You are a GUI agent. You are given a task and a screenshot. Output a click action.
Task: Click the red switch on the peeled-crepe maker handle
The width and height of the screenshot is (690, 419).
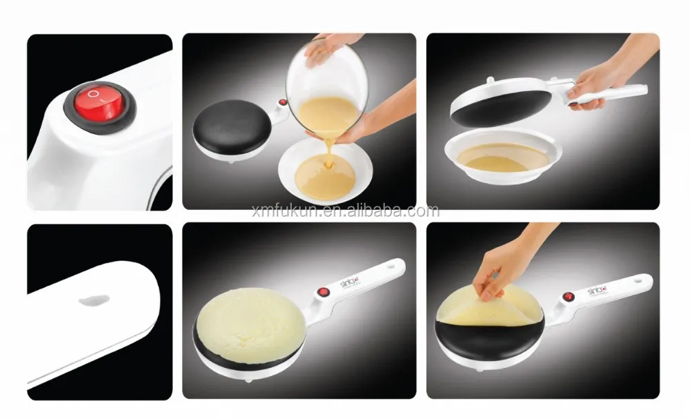click(x=569, y=298)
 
